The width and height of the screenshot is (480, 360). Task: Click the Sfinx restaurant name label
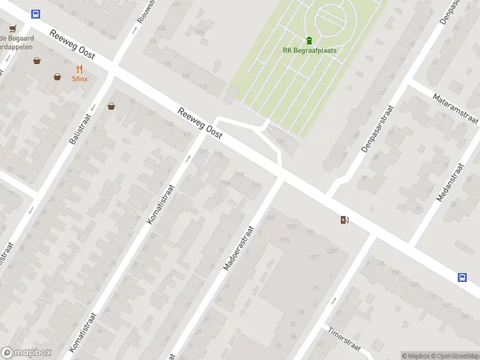tap(80, 79)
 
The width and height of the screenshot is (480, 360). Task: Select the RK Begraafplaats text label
tap(309, 50)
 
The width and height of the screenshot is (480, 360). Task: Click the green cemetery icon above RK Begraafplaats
tap(309, 41)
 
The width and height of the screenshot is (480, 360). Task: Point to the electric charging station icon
tap(344, 220)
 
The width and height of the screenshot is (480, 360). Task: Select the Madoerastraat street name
tap(239, 248)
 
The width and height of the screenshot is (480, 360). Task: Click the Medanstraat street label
tap(451, 182)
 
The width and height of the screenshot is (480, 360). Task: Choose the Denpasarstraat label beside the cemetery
tap(377, 128)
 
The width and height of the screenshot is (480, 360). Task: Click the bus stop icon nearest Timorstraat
tap(462, 277)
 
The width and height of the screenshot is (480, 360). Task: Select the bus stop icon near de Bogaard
tap(36, 14)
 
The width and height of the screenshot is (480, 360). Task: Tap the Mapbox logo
tap(26, 353)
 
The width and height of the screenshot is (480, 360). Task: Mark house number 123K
tap(292, 227)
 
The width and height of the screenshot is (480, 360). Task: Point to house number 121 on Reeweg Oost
tap(257, 185)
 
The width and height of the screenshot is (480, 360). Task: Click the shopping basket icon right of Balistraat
tap(111, 107)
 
